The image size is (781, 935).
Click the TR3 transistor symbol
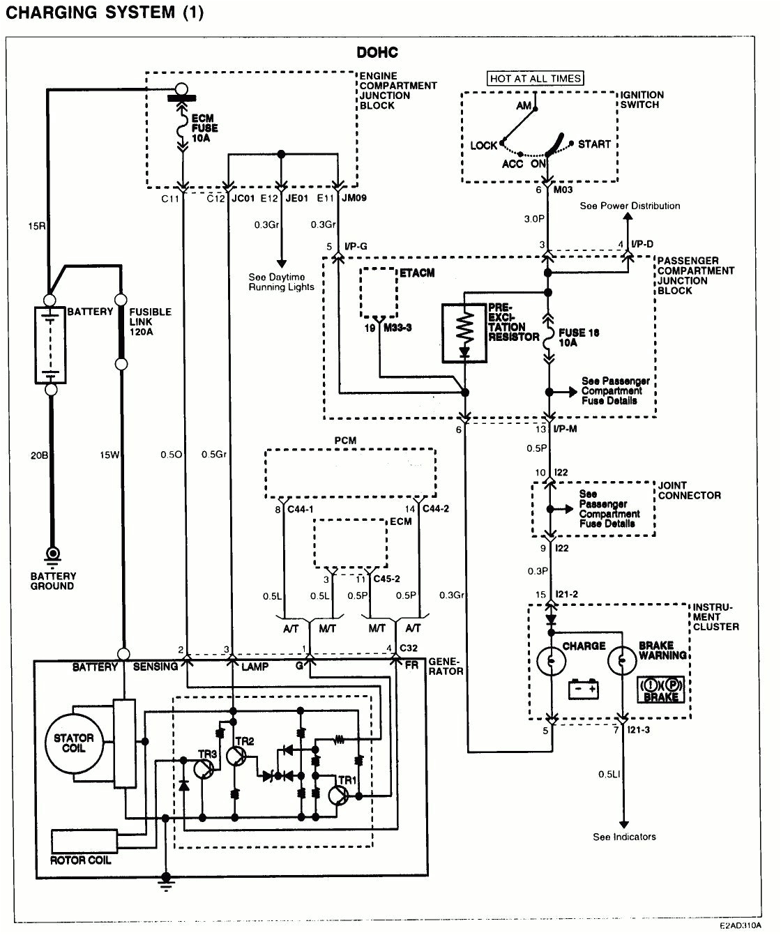[204, 768]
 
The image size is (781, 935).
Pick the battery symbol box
[51, 344]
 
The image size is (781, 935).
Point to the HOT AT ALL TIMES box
[535, 79]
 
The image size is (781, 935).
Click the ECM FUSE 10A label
[204, 128]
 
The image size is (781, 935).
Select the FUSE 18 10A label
[578, 337]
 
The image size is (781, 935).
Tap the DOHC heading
[377, 53]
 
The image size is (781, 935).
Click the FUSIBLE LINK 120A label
[149, 321]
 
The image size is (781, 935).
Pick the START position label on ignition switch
[593, 144]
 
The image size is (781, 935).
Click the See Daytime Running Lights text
[281, 282]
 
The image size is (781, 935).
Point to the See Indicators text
[624, 837]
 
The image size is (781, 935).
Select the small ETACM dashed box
[379, 293]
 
